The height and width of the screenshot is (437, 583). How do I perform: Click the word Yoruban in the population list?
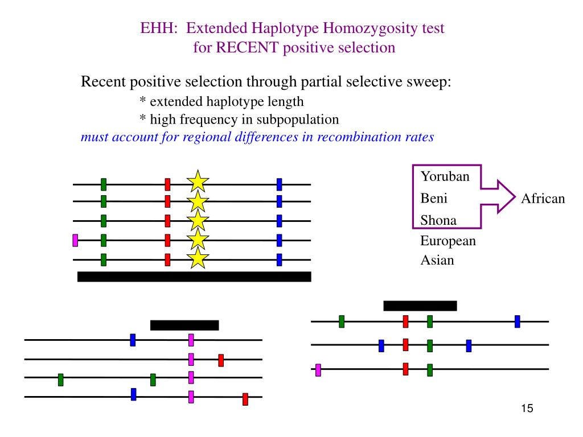click(x=445, y=176)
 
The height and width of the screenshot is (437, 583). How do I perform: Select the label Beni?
click(x=434, y=199)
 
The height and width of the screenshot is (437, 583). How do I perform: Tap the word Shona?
click(x=438, y=220)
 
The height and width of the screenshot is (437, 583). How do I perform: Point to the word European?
click(x=448, y=241)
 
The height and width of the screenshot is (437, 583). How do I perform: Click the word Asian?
click(x=437, y=261)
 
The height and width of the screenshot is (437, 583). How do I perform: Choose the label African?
click(x=543, y=199)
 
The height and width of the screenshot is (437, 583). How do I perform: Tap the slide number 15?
click(x=527, y=409)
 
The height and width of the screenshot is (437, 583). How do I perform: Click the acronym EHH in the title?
click(x=158, y=28)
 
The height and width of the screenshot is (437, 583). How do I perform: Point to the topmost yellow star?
click(x=198, y=182)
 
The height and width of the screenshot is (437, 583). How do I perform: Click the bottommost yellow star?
click(x=198, y=258)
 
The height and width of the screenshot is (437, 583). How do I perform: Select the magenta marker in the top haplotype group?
click(x=75, y=240)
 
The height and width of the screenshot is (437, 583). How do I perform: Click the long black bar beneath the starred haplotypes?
click(x=194, y=277)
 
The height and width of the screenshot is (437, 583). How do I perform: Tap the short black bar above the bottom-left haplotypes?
click(x=184, y=325)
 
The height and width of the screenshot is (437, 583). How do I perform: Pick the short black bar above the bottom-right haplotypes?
click(x=420, y=306)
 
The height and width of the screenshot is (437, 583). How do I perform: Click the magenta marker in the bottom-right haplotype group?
click(x=318, y=370)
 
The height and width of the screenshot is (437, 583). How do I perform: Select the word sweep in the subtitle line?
click(x=430, y=82)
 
